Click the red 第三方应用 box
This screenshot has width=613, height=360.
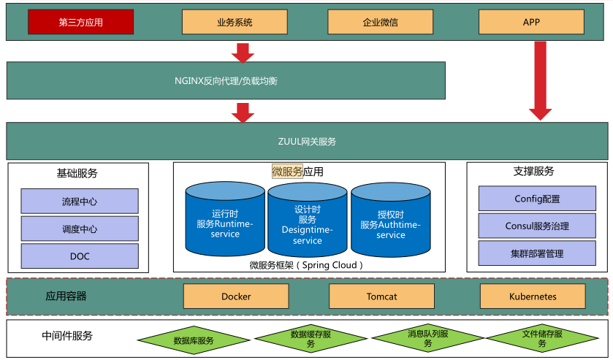[80, 22]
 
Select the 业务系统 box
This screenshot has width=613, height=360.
[235, 22]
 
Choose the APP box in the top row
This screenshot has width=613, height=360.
[531, 22]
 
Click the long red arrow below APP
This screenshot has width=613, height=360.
[540, 80]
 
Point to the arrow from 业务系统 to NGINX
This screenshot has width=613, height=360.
[243, 53]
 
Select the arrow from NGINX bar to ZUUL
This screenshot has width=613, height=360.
[243, 112]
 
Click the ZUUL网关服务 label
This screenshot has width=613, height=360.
[307, 142]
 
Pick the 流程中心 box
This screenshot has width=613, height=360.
[80, 202]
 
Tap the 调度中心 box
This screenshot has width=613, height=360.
[80, 229]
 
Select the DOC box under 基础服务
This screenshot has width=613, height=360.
[80, 256]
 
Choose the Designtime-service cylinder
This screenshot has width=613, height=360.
[308, 223]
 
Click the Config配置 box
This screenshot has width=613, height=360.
[537, 199]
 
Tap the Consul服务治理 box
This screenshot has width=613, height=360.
[537, 226]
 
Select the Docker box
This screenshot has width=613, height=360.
[236, 296]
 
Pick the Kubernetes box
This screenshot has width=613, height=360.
[533, 296]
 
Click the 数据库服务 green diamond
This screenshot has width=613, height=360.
[194, 340]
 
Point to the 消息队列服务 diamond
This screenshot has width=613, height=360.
[425, 340]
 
